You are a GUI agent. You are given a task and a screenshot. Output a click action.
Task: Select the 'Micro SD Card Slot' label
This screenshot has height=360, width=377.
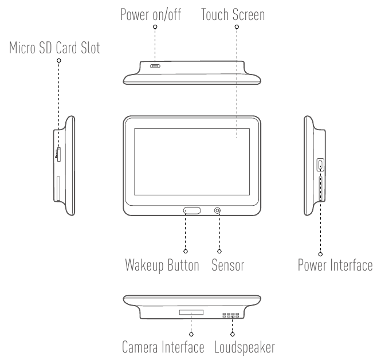(54, 49)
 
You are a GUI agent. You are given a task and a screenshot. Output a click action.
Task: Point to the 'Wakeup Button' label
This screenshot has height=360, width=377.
(162, 266)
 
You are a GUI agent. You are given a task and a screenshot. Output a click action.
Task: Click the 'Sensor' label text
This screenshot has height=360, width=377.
(227, 266)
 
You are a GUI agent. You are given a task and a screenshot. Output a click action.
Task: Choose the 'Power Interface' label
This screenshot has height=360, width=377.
(335, 266)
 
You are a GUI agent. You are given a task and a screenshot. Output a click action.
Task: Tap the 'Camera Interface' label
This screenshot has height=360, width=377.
(163, 347)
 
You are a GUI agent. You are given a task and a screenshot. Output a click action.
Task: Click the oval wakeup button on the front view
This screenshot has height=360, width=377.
(193, 211)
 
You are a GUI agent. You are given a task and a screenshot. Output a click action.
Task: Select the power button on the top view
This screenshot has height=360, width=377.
(155, 66)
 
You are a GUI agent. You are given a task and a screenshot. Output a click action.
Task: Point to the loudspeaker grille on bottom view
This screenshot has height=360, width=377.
(232, 315)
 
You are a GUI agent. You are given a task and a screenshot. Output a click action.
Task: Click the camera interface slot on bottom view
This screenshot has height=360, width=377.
(191, 313)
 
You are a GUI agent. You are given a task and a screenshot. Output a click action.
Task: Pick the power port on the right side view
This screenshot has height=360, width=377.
(321, 165)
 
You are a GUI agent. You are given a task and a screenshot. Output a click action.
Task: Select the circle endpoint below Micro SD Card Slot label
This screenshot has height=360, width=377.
(58, 60)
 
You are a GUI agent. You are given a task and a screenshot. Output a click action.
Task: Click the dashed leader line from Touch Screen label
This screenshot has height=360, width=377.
(237, 80)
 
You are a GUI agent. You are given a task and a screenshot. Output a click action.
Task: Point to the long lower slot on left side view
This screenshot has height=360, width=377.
(58, 188)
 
